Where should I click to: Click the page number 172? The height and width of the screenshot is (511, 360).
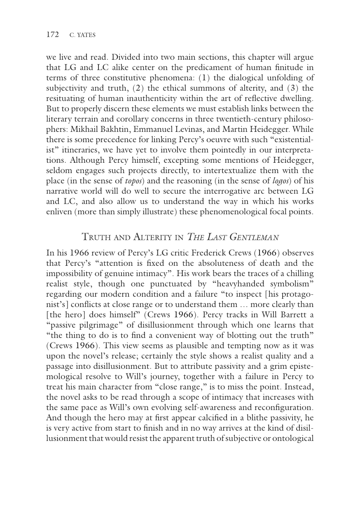52,35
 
